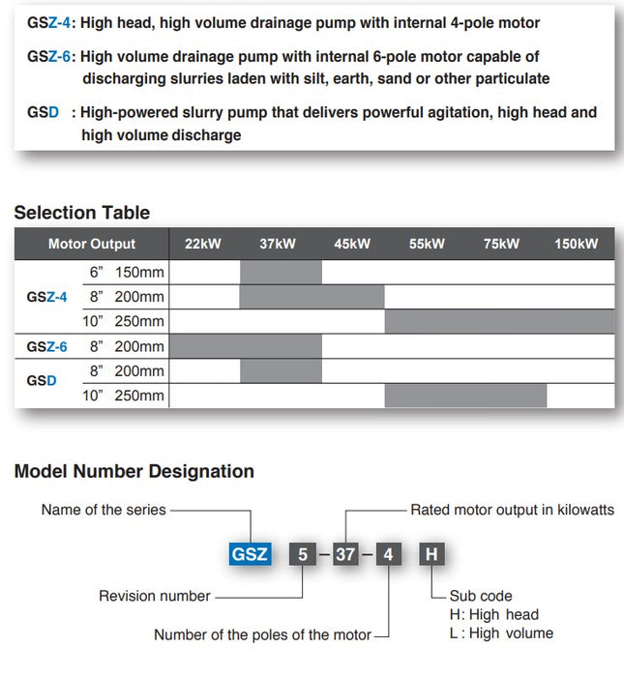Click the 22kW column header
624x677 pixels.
203,244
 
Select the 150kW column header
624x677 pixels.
576,244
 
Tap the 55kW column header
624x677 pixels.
427,244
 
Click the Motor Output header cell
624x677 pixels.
92,244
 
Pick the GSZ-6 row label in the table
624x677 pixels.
47,346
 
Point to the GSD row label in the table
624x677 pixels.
42,381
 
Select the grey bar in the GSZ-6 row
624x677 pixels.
246,346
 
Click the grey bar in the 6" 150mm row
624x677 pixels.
281,272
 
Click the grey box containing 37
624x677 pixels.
345,555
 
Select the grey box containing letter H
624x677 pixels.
431,555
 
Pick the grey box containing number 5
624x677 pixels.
303,555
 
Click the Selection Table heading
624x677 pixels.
82,213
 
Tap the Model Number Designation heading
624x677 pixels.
134,472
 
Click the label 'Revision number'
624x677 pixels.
155,596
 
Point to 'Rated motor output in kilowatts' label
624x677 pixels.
512,510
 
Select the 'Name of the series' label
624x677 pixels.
104,510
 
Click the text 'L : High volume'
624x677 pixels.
501,633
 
